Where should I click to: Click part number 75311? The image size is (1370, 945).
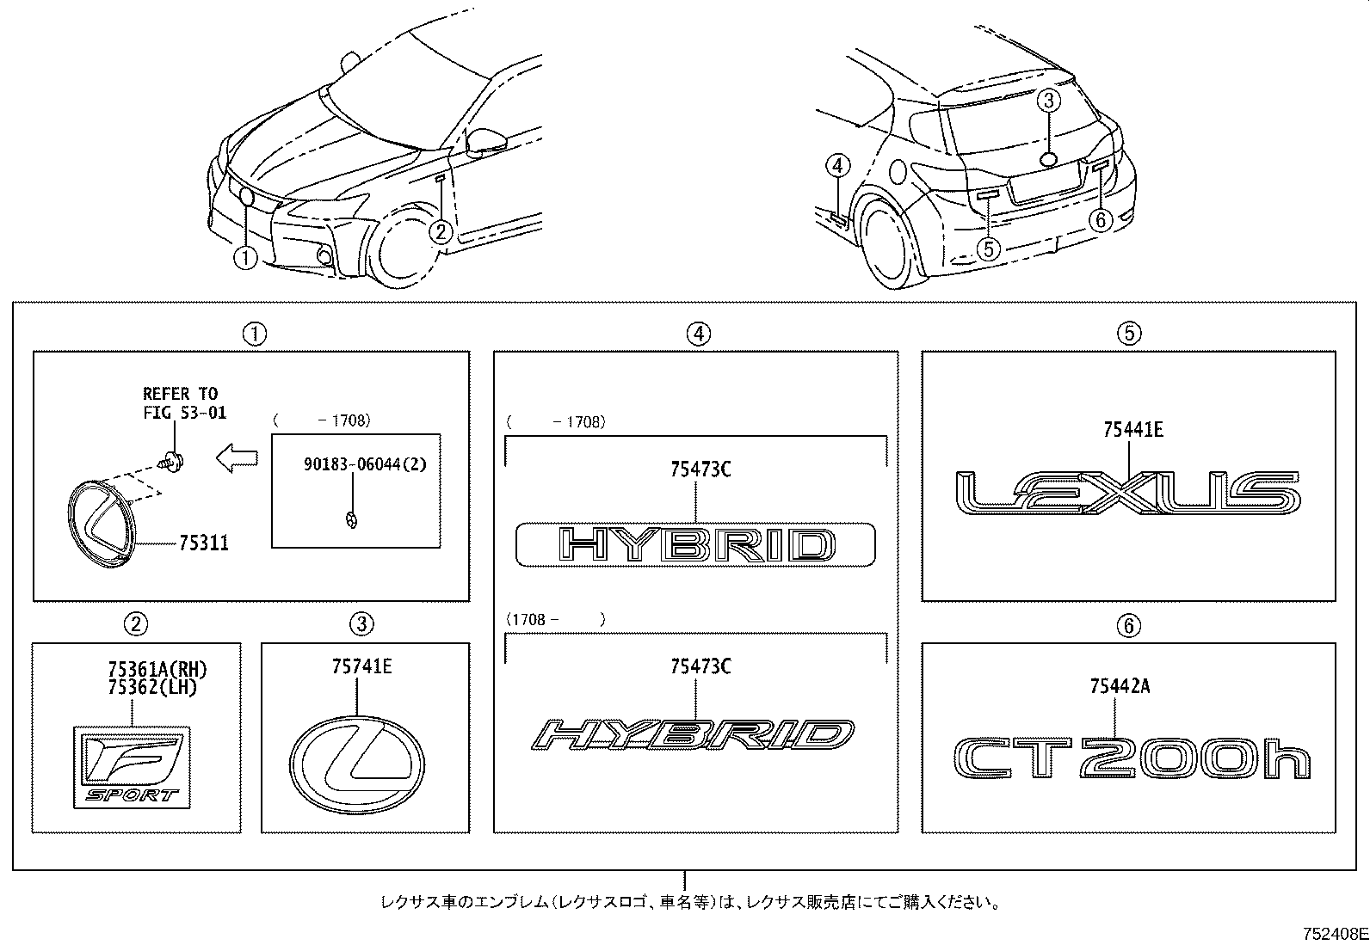tap(204, 543)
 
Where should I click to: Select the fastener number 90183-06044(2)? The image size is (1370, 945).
tap(365, 464)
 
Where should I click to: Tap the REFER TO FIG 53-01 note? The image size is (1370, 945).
tap(184, 402)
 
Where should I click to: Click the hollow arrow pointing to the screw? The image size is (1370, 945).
tap(235, 459)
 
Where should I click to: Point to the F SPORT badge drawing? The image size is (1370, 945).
tap(132, 767)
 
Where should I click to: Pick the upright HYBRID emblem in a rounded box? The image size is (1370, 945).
tap(695, 544)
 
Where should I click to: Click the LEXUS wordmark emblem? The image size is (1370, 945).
tap(1127, 494)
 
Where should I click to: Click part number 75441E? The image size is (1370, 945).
tap(1133, 429)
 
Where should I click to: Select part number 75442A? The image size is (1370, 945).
tap(1120, 685)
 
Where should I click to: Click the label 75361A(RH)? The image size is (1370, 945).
tap(157, 669)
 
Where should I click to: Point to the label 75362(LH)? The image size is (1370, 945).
tap(152, 687)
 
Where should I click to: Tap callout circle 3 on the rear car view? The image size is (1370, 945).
tap(1047, 102)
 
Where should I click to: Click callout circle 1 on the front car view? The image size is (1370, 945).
tap(245, 257)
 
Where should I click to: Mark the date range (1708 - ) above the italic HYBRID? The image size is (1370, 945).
tap(556, 619)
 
